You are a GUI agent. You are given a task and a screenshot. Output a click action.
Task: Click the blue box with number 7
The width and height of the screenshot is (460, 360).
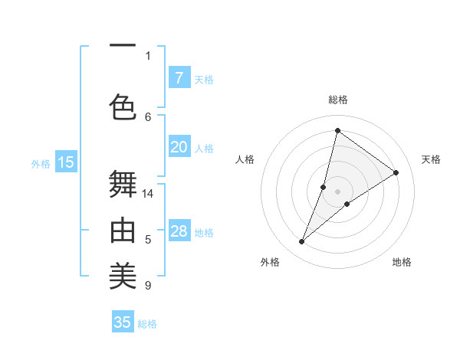[179, 78]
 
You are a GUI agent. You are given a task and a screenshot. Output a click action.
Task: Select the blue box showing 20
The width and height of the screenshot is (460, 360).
[179, 147]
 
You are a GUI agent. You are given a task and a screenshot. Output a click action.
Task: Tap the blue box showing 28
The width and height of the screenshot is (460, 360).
[179, 231]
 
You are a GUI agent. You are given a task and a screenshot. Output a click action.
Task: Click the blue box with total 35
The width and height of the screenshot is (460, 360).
[123, 322]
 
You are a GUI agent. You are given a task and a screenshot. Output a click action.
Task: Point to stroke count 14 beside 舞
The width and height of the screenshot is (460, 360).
[148, 194]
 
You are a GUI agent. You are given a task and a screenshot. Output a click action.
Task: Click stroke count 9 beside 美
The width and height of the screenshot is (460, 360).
[148, 286]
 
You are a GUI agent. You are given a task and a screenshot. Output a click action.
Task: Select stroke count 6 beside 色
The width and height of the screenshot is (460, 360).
[148, 116]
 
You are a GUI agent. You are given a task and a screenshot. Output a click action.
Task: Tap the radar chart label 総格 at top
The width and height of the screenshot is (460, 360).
[337, 100]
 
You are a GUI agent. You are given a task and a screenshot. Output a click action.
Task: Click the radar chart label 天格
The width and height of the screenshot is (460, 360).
[431, 159]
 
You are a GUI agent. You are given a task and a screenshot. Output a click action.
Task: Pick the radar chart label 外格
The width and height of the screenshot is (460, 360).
[270, 262]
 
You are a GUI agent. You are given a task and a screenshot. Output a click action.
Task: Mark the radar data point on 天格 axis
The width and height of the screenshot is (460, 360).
[396, 172]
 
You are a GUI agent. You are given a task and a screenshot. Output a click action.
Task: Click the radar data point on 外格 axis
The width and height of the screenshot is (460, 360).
[302, 242]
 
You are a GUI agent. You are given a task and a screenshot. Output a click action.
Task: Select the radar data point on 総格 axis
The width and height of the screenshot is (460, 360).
[337, 131]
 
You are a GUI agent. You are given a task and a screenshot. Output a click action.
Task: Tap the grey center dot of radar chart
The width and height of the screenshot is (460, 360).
[337, 191]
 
